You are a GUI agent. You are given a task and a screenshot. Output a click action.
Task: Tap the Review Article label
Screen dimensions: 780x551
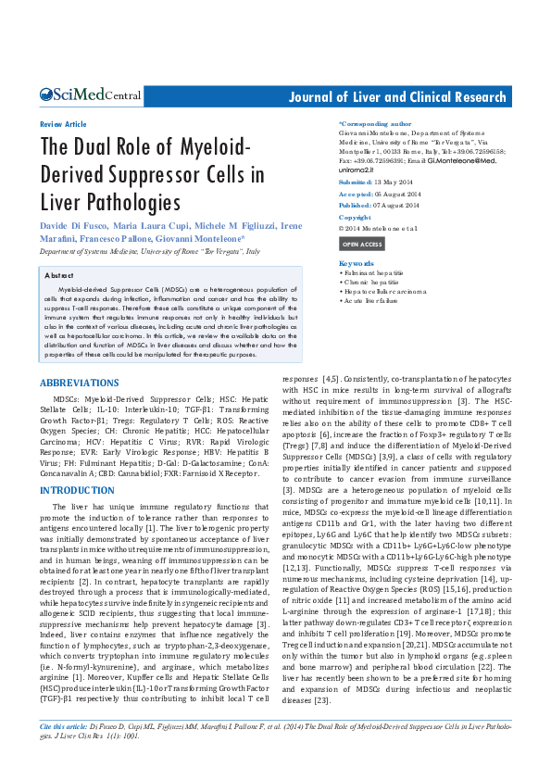click(x=63, y=124)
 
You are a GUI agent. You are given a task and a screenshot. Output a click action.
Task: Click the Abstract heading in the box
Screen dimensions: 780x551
click(x=60, y=276)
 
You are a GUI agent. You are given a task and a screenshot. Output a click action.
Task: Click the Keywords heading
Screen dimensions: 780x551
click(x=357, y=264)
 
